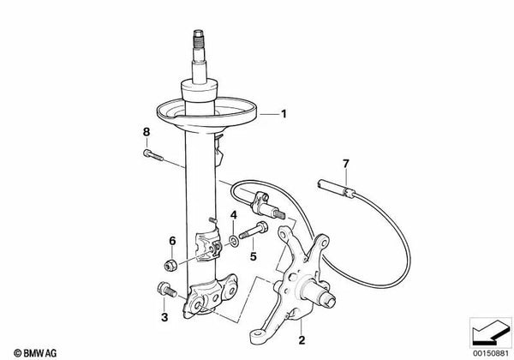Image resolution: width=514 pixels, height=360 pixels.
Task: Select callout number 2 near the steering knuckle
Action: coord(300,339)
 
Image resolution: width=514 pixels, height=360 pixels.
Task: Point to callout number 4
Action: coord(233,214)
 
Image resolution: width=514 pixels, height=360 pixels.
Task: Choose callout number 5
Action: coord(253,255)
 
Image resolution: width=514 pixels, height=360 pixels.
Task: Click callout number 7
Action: coord(346,162)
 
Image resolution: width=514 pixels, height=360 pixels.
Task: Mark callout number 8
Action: coord(146,131)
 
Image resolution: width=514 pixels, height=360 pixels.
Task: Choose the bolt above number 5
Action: coord(254,231)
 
